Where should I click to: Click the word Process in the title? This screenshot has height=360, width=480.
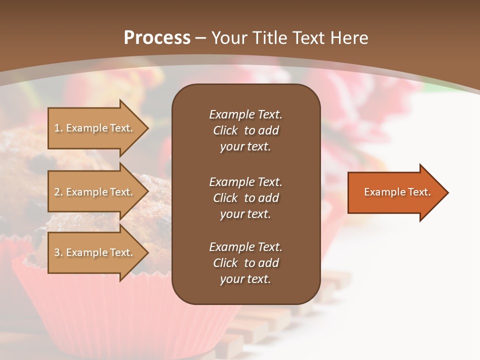coord(157,37)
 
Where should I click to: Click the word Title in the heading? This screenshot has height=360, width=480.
coord(270,37)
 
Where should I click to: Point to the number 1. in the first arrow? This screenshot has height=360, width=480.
coord(58,128)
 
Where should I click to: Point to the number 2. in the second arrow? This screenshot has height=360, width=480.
coord(58,192)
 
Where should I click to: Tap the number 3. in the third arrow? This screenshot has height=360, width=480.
coord(58,252)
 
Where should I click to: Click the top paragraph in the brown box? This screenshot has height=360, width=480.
coord(245,130)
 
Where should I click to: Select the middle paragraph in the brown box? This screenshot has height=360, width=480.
coord(245,198)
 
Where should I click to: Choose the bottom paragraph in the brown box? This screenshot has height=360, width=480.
coord(245,263)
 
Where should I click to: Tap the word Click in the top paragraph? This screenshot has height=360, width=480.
coord(225,130)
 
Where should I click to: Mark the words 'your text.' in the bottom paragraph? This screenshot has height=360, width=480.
coord(245,279)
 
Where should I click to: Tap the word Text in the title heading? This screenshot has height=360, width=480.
coord(306,37)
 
